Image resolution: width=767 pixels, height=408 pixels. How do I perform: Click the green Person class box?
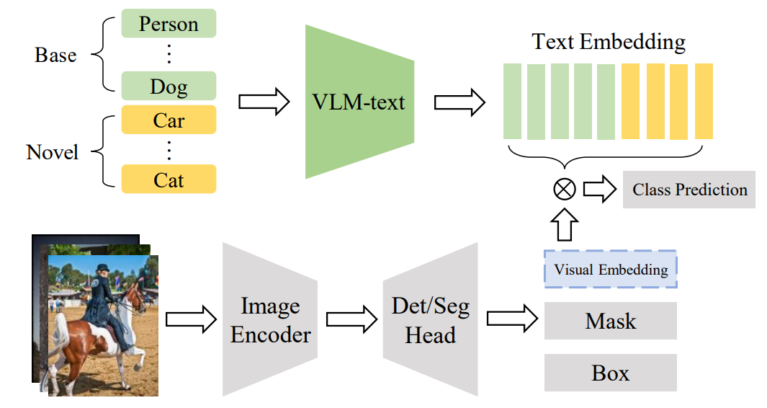click(x=169, y=23)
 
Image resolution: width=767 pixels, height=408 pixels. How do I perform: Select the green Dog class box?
click(x=169, y=86)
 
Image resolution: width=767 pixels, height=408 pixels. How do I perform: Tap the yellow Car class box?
click(x=169, y=120)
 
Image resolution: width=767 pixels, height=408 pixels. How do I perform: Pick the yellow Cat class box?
click(x=169, y=179)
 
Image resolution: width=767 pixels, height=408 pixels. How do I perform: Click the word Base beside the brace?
click(x=55, y=55)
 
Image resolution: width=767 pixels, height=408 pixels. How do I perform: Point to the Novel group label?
click(x=53, y=152)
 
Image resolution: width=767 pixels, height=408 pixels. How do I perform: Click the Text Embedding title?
click(x=609, y=41)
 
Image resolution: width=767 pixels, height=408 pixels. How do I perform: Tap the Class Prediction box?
click(x=689, y=190)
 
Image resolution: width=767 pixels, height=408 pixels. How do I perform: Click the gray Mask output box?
click(x=611, y=321)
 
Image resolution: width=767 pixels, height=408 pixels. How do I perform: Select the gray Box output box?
click(x=611, y=373)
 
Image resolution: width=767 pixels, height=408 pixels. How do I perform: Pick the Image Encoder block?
click(x=271, y=320)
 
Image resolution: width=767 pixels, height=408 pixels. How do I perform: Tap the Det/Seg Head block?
click(x=430, y=320)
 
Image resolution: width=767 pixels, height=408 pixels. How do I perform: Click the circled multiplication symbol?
click(x=564, y=190)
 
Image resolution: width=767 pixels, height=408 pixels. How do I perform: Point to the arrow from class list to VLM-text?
click(x=263, y=102)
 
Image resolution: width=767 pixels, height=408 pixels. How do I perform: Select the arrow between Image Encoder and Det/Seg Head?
click(x=351, y=320)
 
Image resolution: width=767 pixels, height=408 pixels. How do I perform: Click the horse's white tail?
click(x=60, y=339)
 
